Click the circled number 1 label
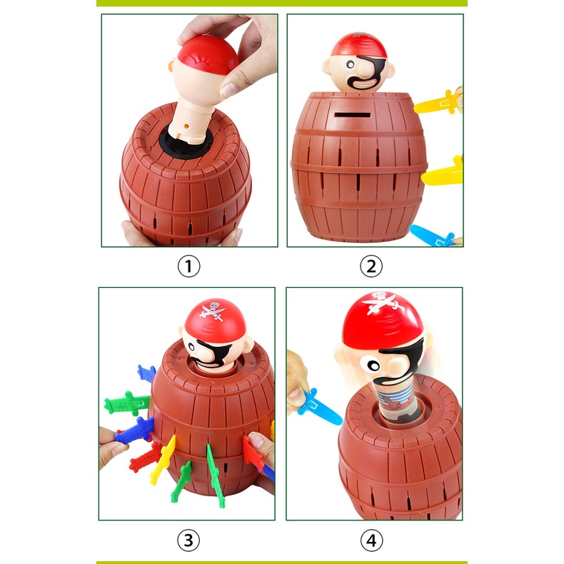(x=189, y=266)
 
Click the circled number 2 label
(x=371, y=266)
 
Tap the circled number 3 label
(x=188, y=540)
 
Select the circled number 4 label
(x=371, y=540)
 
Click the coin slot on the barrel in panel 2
(x=352, y=115)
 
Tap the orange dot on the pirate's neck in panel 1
(x=186, y=126)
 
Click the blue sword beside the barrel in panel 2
(x=432, y=236)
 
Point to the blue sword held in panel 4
(x=318, y=406)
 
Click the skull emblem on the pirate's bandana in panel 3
(x=215, y=311)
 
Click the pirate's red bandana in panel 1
(x=208, y=54)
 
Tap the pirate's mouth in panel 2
(x=364, y=84)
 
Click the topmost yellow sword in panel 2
(x=437, y=104)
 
